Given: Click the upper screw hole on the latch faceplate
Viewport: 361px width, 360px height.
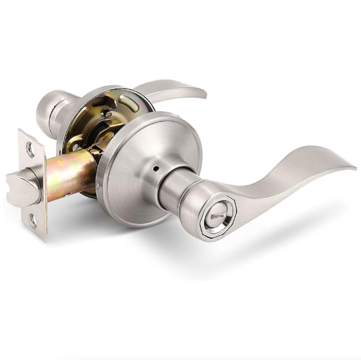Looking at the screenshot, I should pyautogui.click(x=29, y=147).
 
